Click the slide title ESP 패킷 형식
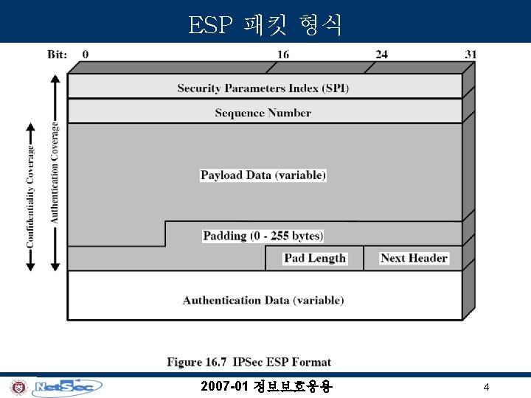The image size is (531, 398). click(265, 25)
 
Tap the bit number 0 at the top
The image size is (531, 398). click(86, 54)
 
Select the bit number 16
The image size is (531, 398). click(283, 54)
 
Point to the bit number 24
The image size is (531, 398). click(381, 54)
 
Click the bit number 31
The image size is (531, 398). click(471, 54)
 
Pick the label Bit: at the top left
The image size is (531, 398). click(58, 54)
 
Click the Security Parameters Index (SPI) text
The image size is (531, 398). click(263, 88)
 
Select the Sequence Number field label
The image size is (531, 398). click(263, 113)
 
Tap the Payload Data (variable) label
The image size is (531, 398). click(263, 175)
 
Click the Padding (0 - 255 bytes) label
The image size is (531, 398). click(263, 236)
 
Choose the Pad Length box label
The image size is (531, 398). click(315, 258)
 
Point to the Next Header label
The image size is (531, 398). click(414, 258)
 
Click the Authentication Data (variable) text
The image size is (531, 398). click(263, 300)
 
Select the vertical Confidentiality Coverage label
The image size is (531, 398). click(30, 196)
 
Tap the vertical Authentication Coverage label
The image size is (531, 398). click(54, 172)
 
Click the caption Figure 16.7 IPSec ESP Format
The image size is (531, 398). click(249, 362)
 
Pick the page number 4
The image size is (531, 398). click(486, 387)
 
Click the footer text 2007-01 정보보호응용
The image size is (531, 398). click(266, 386)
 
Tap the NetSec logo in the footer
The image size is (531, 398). click(68, 387)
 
